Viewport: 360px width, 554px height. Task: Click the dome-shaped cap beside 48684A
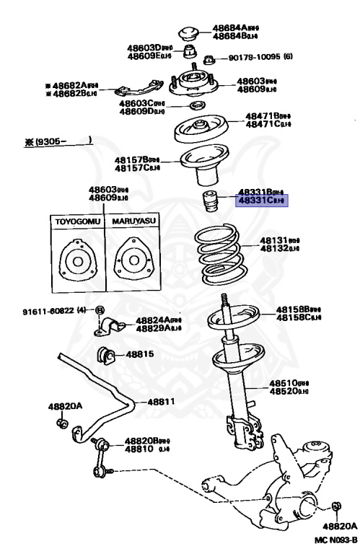click(x=192, y=32)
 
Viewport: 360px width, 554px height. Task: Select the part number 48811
click(x=162, y=402)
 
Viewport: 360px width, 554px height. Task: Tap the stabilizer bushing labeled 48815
click(x=107, y=355)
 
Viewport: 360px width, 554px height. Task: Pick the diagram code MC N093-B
click(x=335, y=539)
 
